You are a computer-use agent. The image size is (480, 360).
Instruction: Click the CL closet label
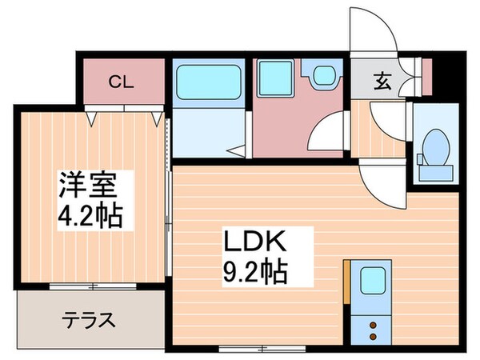tap(122, 81)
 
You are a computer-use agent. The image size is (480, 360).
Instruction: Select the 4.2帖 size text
tap(89, 216)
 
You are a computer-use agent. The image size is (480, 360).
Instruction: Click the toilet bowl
tap(435, 146)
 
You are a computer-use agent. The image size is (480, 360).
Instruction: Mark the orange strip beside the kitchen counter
tap(346, 281)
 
